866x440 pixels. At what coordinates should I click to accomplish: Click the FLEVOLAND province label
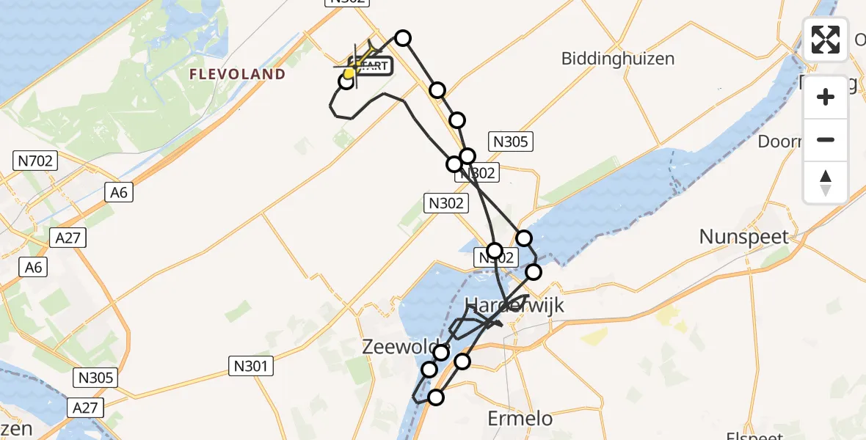(237, 74)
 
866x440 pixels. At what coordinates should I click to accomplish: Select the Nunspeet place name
(743, 237)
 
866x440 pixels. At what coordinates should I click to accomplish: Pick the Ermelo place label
(520, 419)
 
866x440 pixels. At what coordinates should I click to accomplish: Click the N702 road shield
(36, 160)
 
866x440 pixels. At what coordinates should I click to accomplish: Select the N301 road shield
(251, 366)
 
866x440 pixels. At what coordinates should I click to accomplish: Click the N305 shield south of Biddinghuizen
(511, 142)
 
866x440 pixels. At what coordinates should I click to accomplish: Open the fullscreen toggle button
(826, 39)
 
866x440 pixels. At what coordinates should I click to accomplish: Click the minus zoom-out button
(826, 139)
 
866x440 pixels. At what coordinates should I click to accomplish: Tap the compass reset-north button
(826, 182)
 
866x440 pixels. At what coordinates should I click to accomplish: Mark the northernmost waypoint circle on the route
(402, 38)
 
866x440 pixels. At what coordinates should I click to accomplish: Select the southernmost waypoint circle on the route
(436, 397)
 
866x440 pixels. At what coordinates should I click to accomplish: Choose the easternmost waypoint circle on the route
(534, 272)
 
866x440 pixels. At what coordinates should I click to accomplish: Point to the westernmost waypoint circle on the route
(346, 81)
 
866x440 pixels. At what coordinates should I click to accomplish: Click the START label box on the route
(373, 66)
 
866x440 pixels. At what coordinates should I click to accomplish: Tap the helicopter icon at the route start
(355, 65)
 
